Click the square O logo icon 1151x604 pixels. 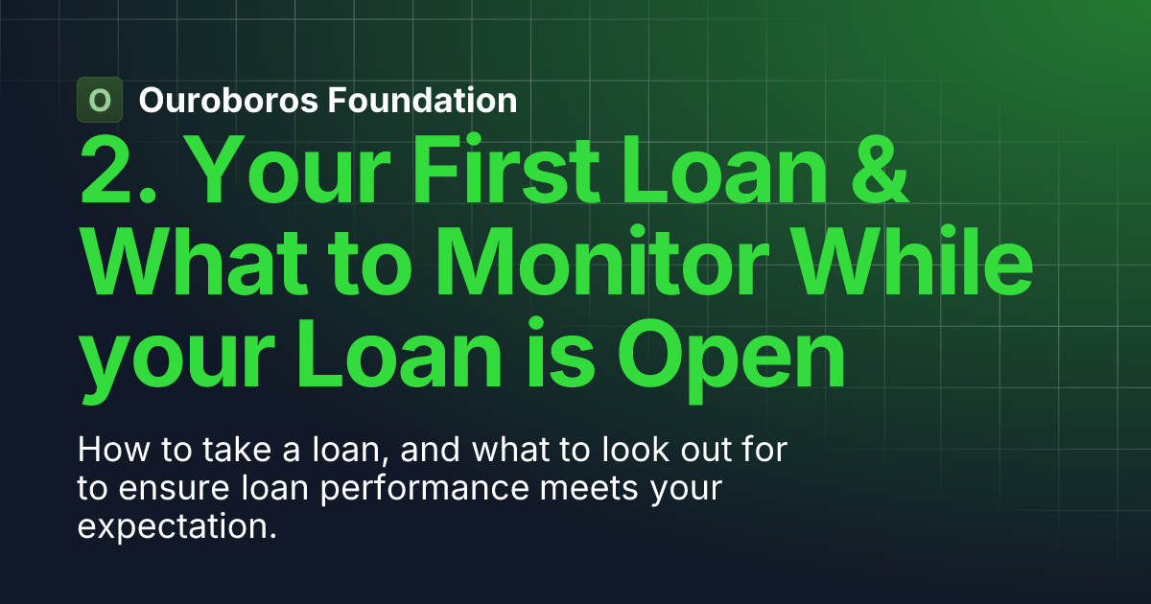click(100, 100)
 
